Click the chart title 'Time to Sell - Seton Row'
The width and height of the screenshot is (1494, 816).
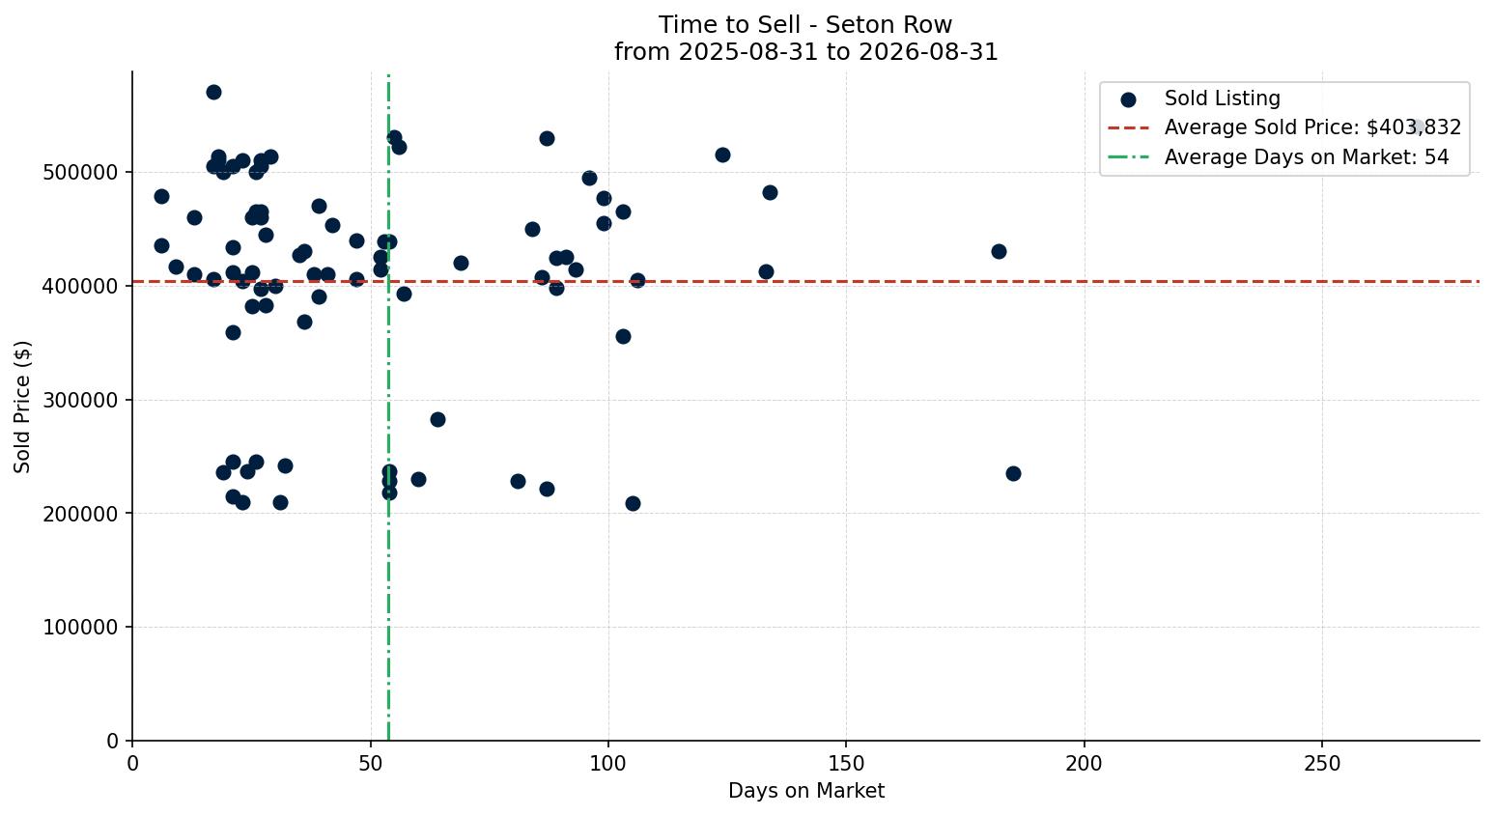[805, 25]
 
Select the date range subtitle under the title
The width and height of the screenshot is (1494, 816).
[805, 52]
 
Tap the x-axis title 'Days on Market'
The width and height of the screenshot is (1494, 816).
[805, 791]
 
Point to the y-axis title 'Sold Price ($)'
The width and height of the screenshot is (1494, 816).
[22, 408]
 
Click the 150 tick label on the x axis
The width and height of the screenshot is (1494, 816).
[846, 764]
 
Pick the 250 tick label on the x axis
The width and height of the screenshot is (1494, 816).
[1322, 764]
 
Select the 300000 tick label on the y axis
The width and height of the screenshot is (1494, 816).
[80, 400]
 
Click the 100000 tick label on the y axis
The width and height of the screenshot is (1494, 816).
[80, 628]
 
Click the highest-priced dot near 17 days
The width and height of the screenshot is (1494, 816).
[213, 92]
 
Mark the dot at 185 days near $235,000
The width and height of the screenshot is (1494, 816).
[1013, 474]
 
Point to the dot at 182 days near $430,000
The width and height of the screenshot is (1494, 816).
[999, 251]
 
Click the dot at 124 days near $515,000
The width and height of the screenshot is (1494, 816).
[722, 155]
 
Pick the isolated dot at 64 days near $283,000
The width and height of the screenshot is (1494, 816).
[437, 419]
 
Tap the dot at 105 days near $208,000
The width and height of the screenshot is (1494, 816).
[633, 503]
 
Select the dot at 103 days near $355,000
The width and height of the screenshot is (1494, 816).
[623, 337]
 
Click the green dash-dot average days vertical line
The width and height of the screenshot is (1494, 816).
[388, 408]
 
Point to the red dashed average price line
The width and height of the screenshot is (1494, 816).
[805, 282]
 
